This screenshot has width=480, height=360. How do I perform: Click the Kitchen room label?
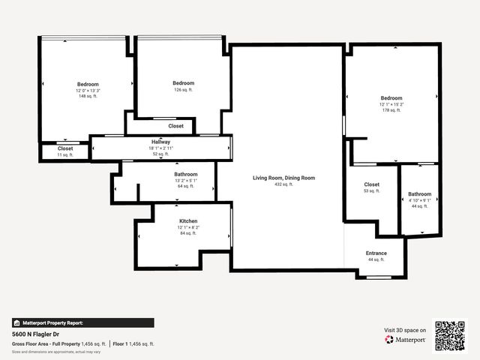pos(187,221)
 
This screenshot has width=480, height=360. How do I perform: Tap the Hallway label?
pos(160,142)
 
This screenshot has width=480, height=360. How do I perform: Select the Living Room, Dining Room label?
pos(283,178)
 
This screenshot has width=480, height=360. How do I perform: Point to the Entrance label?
pos(376,253)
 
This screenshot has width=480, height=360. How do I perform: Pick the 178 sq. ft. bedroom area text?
pos(391,110)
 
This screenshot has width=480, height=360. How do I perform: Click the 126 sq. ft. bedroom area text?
pos(183,89)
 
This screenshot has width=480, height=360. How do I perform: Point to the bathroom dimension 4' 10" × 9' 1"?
pos(419,200)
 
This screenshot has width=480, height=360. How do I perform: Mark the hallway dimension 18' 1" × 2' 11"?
pos(160,148)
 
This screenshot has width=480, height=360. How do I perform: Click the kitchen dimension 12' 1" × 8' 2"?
pos(187,227)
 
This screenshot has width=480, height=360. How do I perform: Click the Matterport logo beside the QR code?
pos(406,340)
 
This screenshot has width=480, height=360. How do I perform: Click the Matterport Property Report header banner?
pos(53,322)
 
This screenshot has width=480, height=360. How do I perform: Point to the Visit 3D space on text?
pos(405,330)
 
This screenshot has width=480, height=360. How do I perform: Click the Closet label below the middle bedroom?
pos(175,126)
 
